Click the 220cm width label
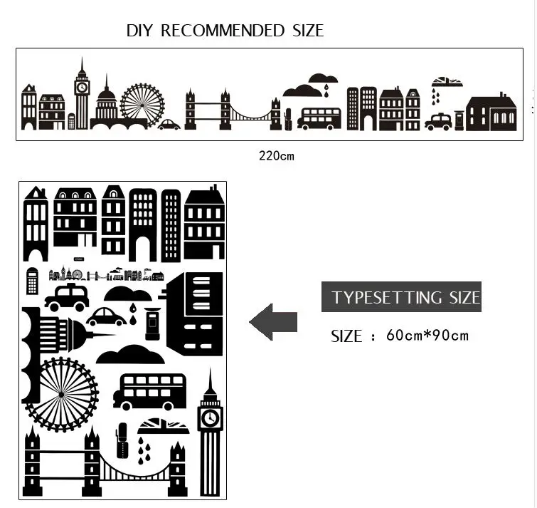coord(276,156)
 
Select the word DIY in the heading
coord(140,31)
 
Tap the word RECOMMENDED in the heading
coord(222,31)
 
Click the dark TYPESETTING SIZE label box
coord(401,297)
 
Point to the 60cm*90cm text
coord(427,335)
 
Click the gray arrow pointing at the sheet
coord(273,322)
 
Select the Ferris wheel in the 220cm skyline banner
coord(142,105)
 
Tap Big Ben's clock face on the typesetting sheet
coord(210,417)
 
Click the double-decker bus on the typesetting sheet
coord(149,392)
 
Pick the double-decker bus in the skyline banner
coord(319,118)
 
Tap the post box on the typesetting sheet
coord(151,324)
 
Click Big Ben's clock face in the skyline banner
coord(82,88)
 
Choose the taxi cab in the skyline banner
coord(438,122)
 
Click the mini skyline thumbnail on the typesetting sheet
coord(105,275)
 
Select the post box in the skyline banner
coord(459,119)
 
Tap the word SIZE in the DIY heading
coord(307,31)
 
